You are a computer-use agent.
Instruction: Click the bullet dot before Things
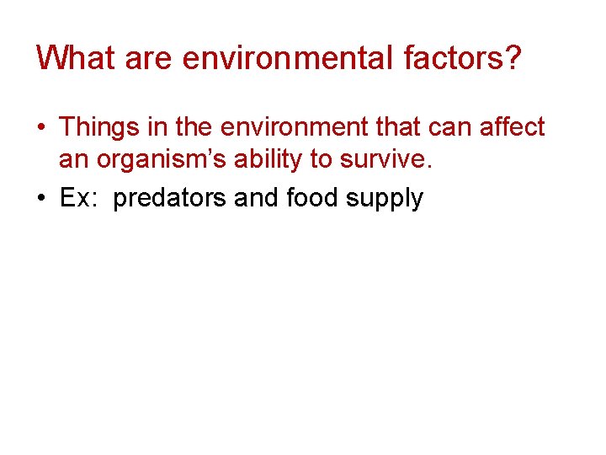40,128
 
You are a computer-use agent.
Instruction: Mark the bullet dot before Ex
40,200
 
